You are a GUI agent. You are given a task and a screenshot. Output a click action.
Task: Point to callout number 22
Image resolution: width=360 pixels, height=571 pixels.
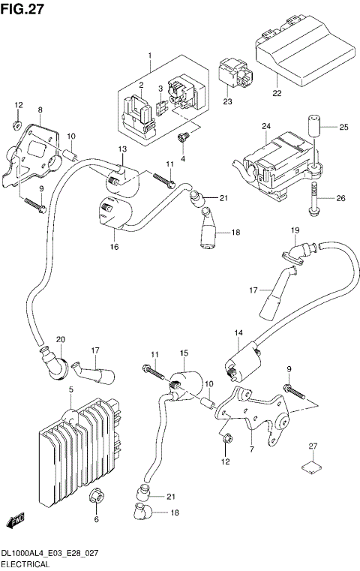pyautogui.click(x=277, y=94)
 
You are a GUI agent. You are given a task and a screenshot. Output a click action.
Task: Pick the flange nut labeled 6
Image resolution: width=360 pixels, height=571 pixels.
pyautogui.click(x=97, y=497)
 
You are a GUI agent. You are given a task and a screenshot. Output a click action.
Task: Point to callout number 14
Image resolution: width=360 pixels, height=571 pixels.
pyautogui.click(x=238, y=332)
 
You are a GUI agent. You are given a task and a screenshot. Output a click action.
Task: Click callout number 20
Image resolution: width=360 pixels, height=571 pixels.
pyautogui.click(x=61, y=339)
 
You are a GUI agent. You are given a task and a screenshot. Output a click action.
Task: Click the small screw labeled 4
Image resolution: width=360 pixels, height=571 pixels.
pyautogui.click(x=181, y=138)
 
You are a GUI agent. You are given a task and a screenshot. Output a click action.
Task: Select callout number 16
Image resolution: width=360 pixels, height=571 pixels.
pyautogui.click(x=115, y=245)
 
